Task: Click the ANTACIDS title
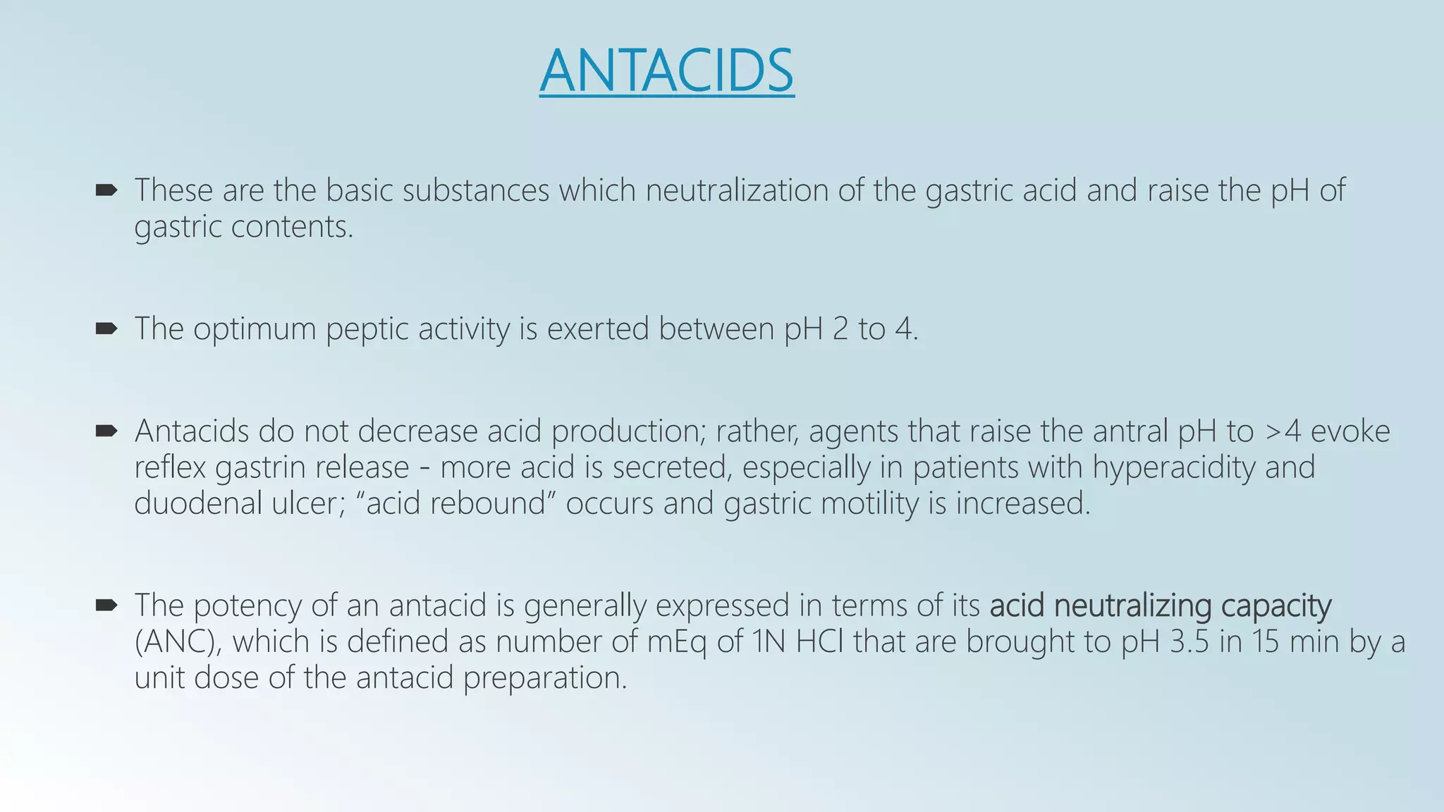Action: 666,70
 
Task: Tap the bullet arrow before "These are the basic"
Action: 106,190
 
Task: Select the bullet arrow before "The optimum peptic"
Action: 106,328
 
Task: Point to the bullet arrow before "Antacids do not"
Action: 106,431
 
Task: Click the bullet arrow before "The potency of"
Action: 106,605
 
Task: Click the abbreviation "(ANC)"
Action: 178,641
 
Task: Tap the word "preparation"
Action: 544,678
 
